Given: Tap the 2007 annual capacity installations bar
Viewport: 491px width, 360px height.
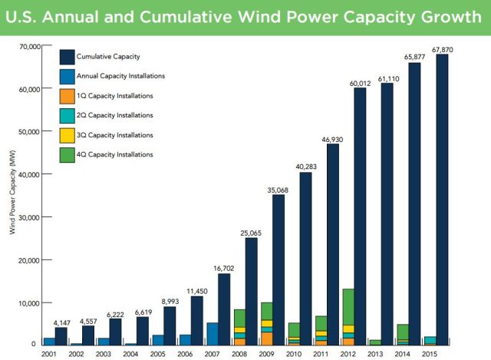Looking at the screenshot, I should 213,333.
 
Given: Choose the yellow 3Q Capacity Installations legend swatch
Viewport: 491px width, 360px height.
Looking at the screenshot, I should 68,135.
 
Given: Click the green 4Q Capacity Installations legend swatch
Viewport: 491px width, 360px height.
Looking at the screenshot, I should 68,155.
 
